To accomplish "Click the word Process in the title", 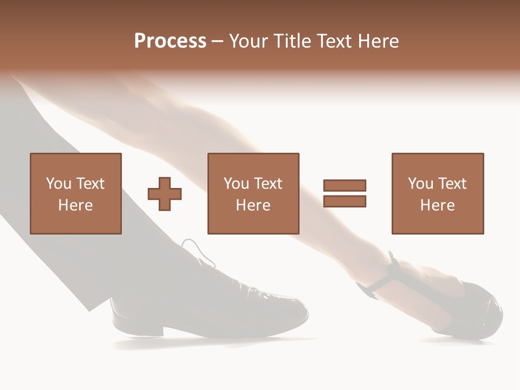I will click(x=170, y=41).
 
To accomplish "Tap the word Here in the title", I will click(x=379, y=41).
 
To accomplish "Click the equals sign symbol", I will click(x=344, y=193).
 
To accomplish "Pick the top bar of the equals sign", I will click(x=344, y=186).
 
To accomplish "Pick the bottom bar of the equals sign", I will click(x=344, y=201).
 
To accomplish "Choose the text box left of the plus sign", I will click(x=76, y=193).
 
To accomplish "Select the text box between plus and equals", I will click(x=253, y=193).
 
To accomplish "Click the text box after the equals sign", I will click(x=438, y=193).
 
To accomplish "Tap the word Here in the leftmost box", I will click(x=75, y=205).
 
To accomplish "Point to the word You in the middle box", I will click(x=236, y=184).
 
